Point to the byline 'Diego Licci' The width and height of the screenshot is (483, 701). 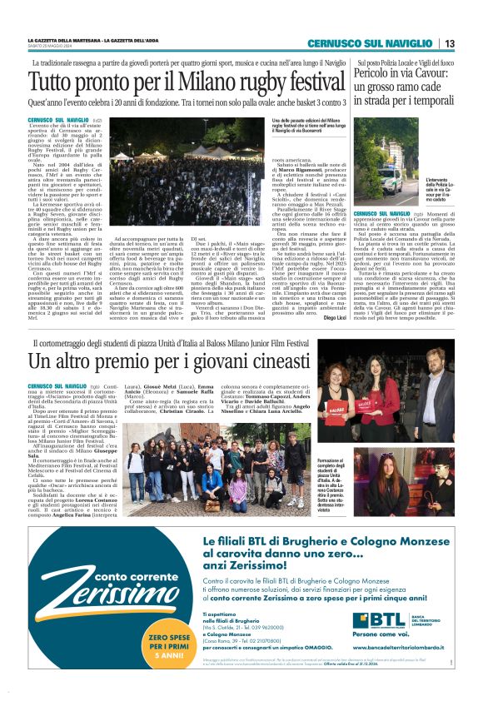pos(330,317)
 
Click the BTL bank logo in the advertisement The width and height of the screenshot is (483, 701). pos(381,619)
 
